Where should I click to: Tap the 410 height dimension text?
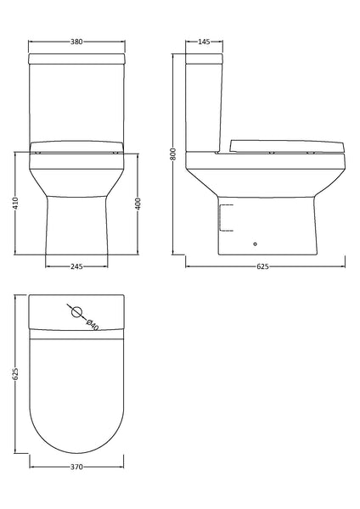click(x=15, y=204)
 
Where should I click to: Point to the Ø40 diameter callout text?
click(x=92, y=323)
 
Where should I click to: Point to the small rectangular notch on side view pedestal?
click(x=223, y=216)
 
